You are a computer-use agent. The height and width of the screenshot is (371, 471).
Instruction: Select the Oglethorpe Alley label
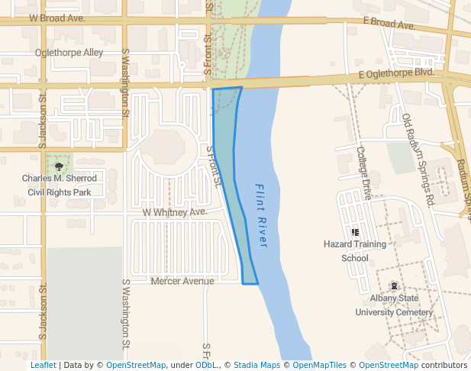(x=69, y=53)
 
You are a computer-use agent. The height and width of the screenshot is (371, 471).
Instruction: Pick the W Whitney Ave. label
(x=175, y=211)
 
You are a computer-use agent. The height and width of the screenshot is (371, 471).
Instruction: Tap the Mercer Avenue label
(x=182, y=281)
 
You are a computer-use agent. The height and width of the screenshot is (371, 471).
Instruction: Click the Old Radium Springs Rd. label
(x=418, y=160)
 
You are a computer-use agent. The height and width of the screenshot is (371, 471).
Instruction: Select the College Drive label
(x=363, y=173)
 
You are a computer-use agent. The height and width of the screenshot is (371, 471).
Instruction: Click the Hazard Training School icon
(x=355, y=232)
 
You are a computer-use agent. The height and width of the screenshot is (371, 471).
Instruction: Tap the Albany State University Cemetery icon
(x=394, y=286)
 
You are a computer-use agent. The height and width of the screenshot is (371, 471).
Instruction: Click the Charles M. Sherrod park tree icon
(x=60, y=166)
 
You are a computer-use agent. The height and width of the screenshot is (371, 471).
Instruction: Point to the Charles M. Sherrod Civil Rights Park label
(x=60, y=185)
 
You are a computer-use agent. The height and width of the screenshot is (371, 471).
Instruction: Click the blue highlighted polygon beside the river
(x=227, y=153)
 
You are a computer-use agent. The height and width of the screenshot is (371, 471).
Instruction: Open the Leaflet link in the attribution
(x=43, y=366)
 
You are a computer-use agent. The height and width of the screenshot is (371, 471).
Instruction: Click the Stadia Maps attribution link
(x=256, y=366)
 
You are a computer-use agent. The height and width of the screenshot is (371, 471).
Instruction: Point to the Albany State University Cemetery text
(x=394, y=305)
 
